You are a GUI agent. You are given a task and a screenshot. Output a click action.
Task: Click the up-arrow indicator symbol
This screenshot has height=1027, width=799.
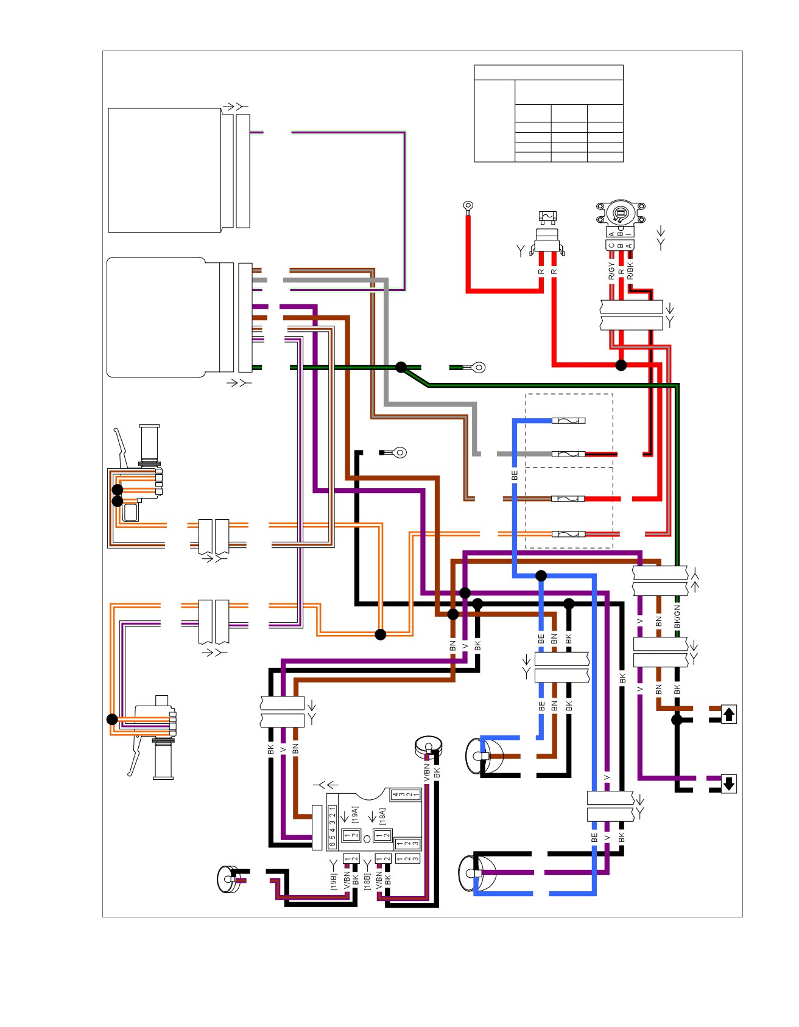coord(729,713)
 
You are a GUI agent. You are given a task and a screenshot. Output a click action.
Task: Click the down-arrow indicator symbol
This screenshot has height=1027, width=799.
coord(729,783)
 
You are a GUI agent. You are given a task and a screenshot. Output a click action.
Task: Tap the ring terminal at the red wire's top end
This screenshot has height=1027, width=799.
coord(468,207)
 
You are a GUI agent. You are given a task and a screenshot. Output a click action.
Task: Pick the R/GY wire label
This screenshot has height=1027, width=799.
coord(611,271)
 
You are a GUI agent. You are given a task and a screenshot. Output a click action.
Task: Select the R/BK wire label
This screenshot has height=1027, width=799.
coord(630,271)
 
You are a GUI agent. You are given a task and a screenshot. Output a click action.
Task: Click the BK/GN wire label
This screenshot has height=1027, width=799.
coord(677,617)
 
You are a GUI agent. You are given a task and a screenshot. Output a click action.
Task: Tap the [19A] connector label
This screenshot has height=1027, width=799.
coord(355,815)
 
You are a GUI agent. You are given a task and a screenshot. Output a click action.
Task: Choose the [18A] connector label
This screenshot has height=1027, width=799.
coord(382,816)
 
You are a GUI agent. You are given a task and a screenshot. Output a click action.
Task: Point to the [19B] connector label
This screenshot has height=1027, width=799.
coord(334,882)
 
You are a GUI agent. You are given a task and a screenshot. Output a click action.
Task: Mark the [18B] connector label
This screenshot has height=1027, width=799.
coord(367,882)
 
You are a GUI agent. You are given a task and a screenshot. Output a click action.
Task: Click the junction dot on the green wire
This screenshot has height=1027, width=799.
coord(401,367)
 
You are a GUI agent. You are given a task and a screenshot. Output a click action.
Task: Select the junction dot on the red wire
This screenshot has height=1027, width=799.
coord(621,365)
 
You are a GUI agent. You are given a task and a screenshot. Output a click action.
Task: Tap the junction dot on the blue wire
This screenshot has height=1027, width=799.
coord(541,575)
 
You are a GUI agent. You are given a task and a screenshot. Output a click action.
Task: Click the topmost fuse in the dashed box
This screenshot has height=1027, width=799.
coord(568,421)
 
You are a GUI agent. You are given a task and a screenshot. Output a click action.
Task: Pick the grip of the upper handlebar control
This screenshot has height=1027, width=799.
coord(149,443)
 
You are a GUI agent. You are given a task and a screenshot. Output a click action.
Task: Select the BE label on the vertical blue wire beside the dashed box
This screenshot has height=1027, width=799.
coord(515,475)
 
